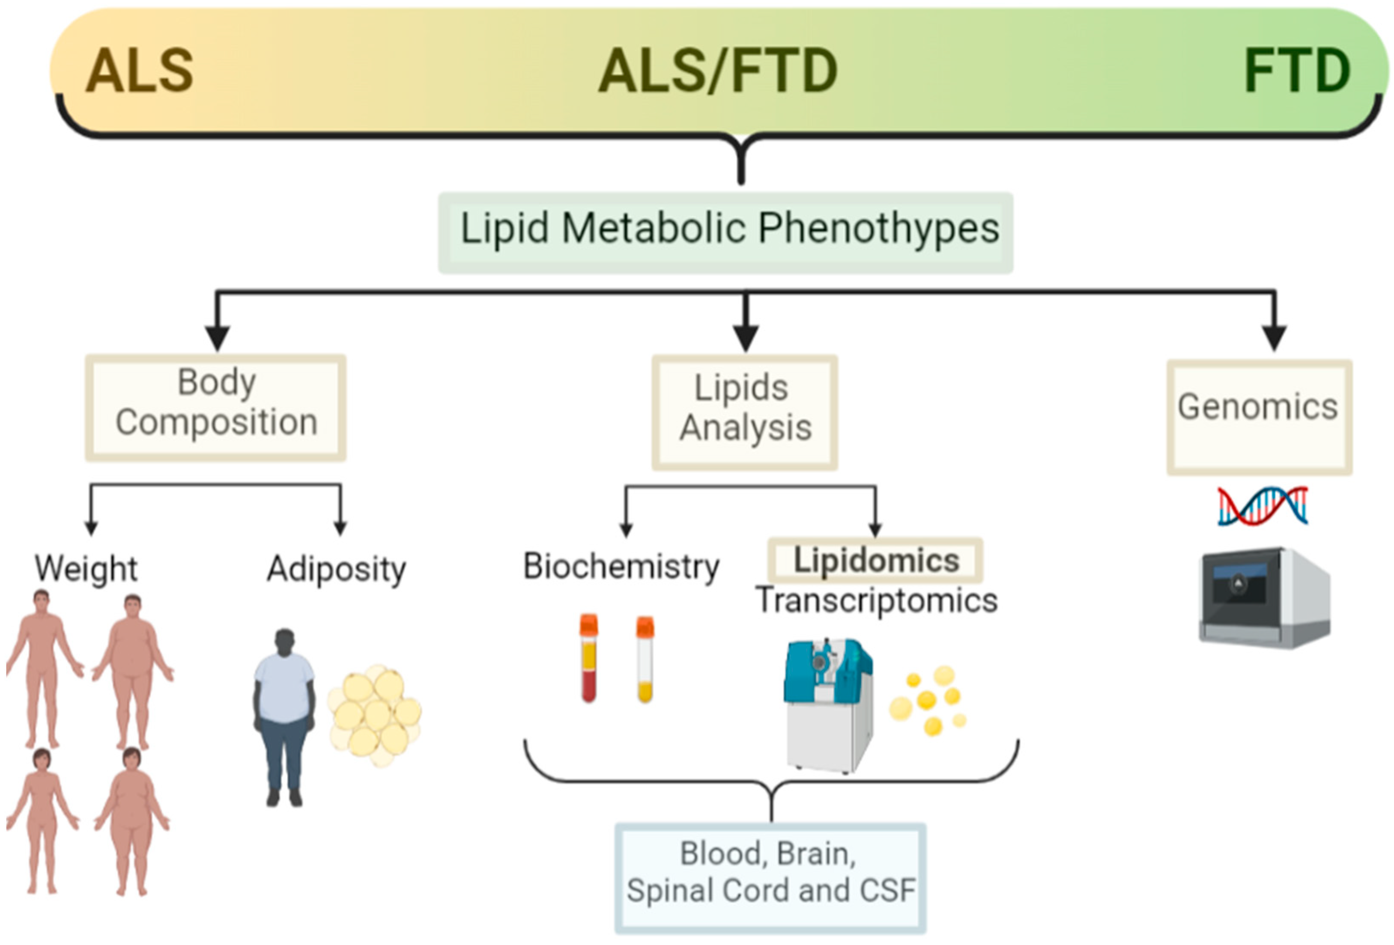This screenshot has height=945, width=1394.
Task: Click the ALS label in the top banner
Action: [139, 71]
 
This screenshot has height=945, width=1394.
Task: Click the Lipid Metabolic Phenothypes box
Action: [726, 233]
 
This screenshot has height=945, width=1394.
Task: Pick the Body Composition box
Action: [216, 408]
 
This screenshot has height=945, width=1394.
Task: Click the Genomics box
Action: [1258, 417]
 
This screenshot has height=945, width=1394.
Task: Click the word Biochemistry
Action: [621, 566]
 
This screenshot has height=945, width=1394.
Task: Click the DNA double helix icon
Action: [1262, 505]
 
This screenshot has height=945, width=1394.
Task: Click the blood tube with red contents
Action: [588, 658]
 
